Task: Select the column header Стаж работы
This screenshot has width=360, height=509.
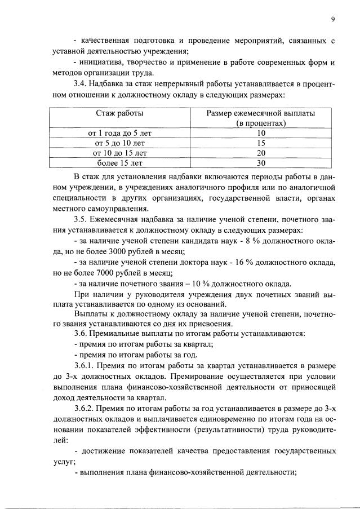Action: tap(119, 113)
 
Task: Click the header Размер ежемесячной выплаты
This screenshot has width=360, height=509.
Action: tap(260, 113)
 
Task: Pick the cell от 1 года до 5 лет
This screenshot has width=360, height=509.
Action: tap(119, 133)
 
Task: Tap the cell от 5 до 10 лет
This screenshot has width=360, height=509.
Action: tap(119, 143)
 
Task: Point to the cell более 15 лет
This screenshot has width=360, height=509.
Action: tap(119, 163)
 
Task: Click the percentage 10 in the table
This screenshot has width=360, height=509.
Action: tap(260, 133)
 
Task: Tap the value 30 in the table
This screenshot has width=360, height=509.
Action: tap(260, 163)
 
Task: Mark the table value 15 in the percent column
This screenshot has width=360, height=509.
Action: tap(260, 143)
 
